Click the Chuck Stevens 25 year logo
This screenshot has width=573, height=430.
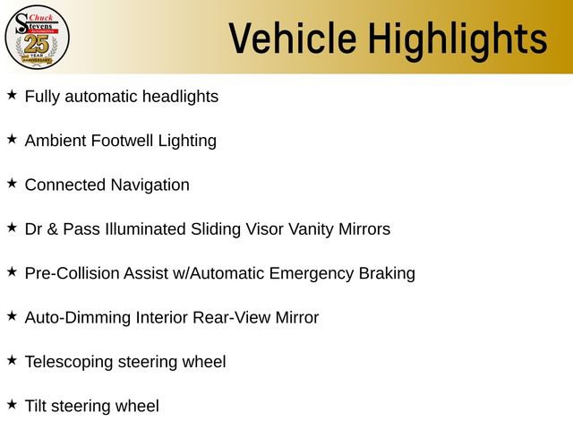pyautogui.click(x=37, y=36)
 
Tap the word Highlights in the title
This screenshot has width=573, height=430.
pyautogui.click(x=458, y=39)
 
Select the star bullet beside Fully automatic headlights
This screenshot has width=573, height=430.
pyautogui.click(x=12, y=94)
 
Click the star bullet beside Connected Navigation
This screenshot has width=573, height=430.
pyautogui.click(x=12, y=183)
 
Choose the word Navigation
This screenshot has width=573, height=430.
pyautogui.click(x=150, y=185)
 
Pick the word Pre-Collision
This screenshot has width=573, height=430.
pyautogui.click(x=72, y=273)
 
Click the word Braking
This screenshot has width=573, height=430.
pyautogui.click(x=386, y=274)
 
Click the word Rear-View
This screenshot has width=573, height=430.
pyautogui.click(x=227, y=317)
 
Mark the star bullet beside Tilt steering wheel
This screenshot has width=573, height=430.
pyautogui.click(x=12, y=405)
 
